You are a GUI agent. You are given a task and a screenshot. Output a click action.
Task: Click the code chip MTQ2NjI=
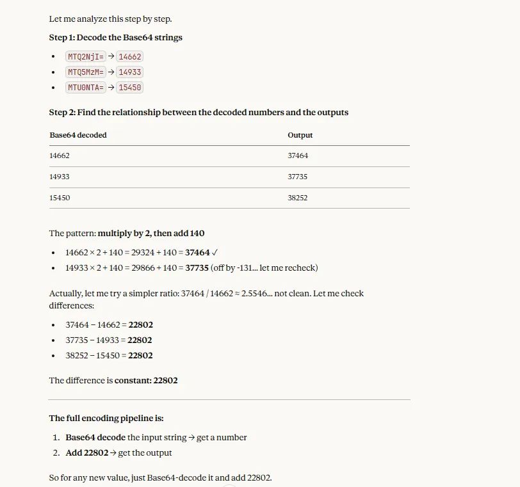[85, 57]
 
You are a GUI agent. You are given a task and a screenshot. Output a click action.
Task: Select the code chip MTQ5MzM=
[85, 72]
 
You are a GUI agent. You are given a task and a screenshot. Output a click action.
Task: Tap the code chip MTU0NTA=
[85, 88]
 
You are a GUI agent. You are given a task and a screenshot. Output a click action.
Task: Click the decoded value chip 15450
[129, 88]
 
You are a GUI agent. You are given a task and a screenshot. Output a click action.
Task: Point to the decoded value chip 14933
[129, 72]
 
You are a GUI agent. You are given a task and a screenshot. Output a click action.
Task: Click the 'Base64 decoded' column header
[78, 135]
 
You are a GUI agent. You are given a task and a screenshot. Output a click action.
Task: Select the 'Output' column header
[300, 135]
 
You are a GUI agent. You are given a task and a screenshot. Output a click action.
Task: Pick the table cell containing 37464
[298, 156]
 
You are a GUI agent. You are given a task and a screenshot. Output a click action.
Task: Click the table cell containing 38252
[298, 198]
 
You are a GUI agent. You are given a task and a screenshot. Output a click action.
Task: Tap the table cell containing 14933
[60, 177]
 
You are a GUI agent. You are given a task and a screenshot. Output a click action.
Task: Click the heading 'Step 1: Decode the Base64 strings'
[116, 38]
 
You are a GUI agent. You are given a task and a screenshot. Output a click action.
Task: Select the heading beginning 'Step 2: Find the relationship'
[199, 113]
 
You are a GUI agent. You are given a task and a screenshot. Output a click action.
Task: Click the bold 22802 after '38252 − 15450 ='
[140, 356]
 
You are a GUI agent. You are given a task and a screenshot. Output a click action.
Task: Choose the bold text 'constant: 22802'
[146, 381]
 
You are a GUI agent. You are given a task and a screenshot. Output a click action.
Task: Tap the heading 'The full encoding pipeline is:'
[106, 419]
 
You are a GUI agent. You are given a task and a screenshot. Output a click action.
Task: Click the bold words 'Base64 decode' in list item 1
[95, 438]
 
